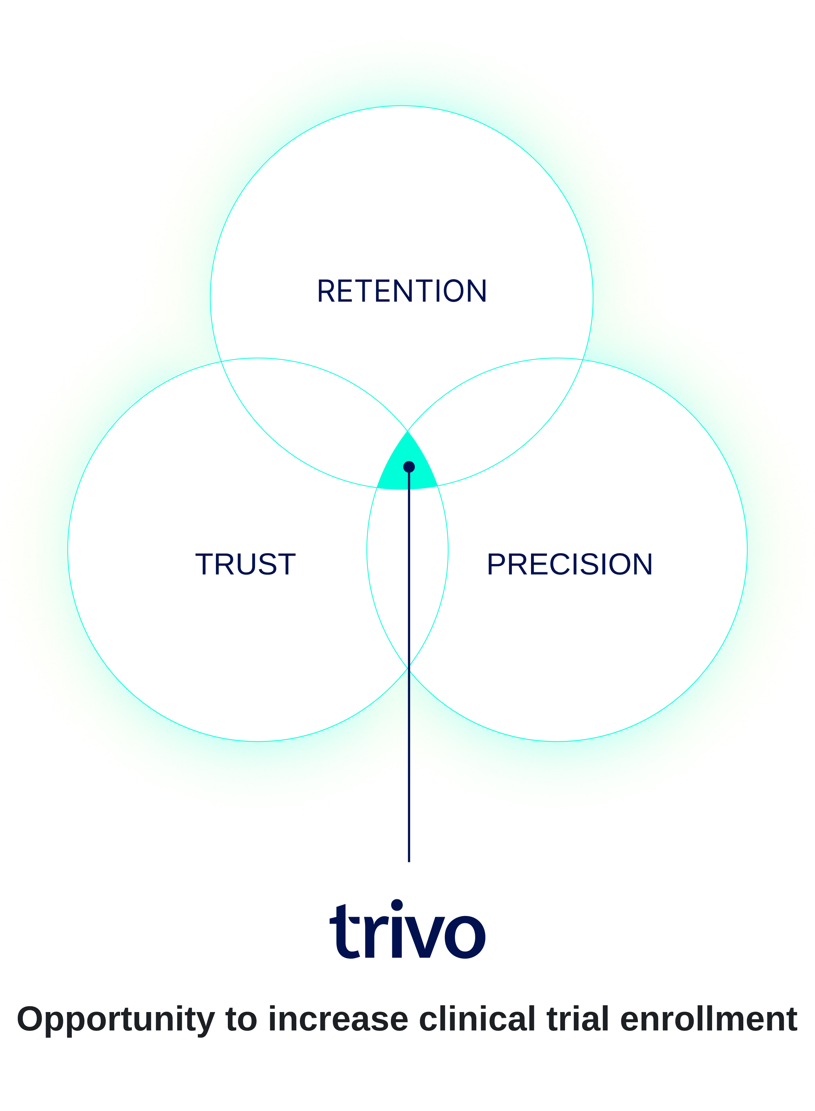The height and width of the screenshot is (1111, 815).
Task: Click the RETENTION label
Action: coord(402,291)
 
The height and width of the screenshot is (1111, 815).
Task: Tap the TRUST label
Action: coord(245,564)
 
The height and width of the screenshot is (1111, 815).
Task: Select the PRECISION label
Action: coord(569,564)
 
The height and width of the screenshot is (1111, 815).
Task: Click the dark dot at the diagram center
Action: coord(409,467)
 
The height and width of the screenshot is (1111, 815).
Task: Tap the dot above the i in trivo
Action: coord(397,905)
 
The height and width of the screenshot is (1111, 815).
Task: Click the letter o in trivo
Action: coord(465,937)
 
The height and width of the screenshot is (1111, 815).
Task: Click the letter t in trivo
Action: coord(344,933)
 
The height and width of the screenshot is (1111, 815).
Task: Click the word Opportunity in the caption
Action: coord(116,1020)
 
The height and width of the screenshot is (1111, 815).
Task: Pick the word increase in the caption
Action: coord(338,1020)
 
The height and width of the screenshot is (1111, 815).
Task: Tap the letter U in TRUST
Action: coord(247,564)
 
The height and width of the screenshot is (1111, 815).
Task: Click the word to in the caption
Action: coord(241,1020)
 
